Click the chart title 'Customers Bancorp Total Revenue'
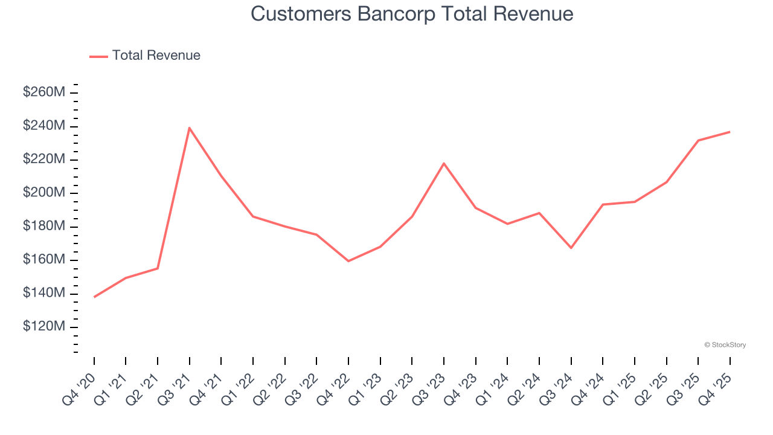click(x=412, y=14)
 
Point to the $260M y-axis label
click(x=44, y=92)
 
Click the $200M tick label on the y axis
click(x=44, y=193)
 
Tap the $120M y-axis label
click(x=44, y=327)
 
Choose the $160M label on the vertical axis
click(x=44, y=260)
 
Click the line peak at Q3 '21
click(x=190, y=128)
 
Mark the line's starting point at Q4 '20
click(x=94, y=297)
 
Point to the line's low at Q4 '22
click(x=348, y=261)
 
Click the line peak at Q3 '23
click(x=444, y=163)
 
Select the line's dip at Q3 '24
click(x=571, y=248)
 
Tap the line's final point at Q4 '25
click(x=730, y=132)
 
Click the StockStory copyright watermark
click(x=725, y=345)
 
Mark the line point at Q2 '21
click(x=158, y=268)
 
